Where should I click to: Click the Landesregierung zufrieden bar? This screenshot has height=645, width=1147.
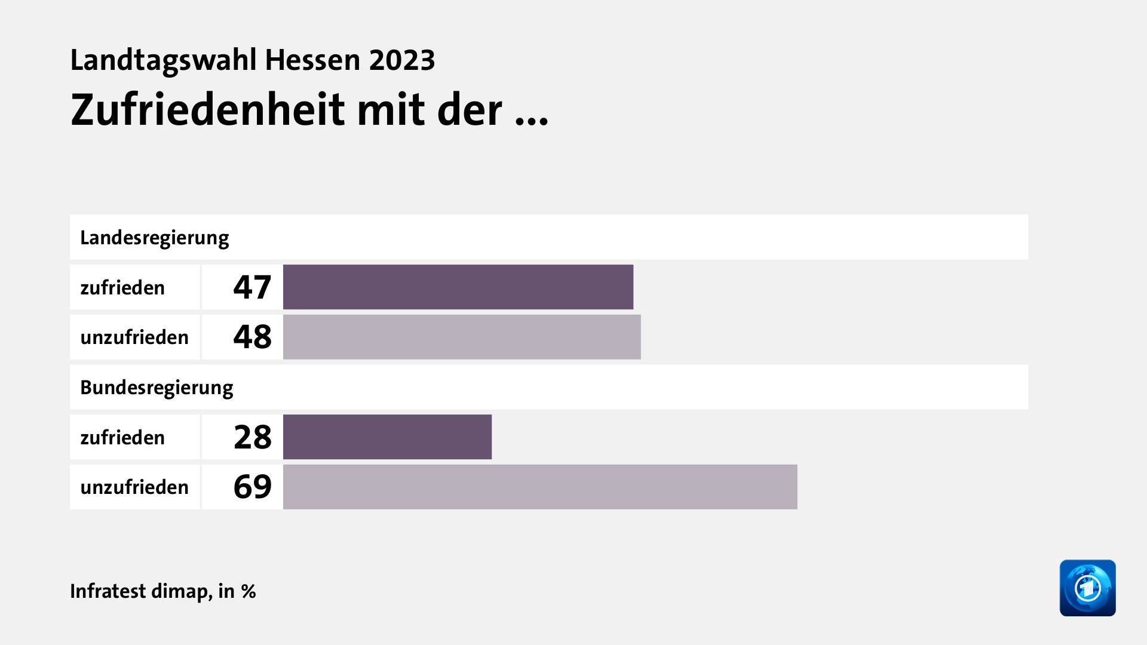pyautogui.click(x=458, y=287)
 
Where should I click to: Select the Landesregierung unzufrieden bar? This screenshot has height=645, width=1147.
pyautogui.click(x=461, y=337)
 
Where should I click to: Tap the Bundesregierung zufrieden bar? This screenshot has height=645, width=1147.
pyautogui.click(x=387, y=437)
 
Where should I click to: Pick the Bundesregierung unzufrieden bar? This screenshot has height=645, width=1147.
pyautogui.click(x=539, y=487)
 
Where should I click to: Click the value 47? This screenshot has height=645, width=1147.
pyautogui.click(x=252, y=287)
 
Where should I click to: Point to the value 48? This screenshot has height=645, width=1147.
pyautogui.click(x=252, y=337)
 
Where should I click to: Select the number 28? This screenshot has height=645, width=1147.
pyautogui.click(x=252, y=437)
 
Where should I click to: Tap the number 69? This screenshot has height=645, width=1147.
pyautogui.click(x=252, y=487)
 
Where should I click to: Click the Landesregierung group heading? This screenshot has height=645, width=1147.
pyautogui.click(x=154, y=238)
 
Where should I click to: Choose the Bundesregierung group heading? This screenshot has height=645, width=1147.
pyautogui.click(x=157, y=388)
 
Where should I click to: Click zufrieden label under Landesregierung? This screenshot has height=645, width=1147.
pyautogui.click(x=122, y=288)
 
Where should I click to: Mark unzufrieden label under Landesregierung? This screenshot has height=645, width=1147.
pyautogui.click(x=134, y=337)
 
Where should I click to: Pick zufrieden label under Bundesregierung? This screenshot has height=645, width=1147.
pyautogui.click(x=122, y=438)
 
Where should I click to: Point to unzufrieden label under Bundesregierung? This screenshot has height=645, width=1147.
pyautogui.click(x=134, y=487)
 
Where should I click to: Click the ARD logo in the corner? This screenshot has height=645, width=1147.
pyautogui.click(x=1087, y=588)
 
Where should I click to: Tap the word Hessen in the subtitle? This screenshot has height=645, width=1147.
pyautogui.click(x=312, y=60)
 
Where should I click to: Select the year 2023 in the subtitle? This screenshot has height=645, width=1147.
pyautogui.click(x=402, y=60)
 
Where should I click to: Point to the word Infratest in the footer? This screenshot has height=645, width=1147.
pyautogui.click(x=108, y=591)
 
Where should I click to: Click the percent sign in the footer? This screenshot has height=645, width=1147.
pyautogui.click(x=249, y=591)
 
